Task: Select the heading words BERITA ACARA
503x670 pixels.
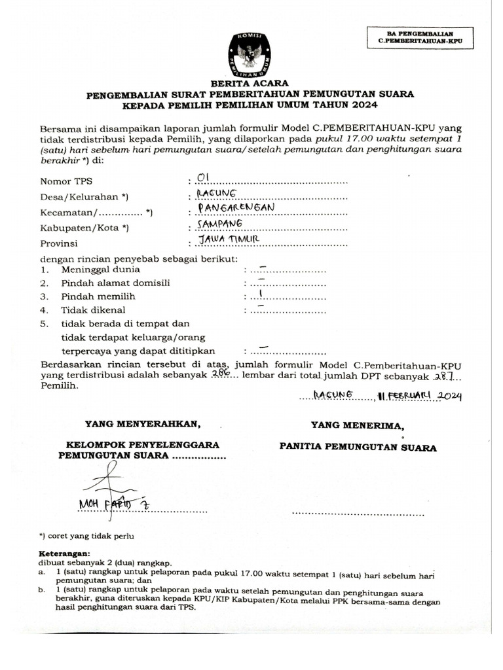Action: point(251,84)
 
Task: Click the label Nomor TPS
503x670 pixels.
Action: point(66,181)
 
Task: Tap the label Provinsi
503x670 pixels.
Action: point(60,243)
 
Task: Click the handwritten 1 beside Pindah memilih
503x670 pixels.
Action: point(261,295)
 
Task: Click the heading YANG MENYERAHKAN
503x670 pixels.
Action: point(138,424)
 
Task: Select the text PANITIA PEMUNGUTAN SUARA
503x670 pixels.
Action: point(358,448)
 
